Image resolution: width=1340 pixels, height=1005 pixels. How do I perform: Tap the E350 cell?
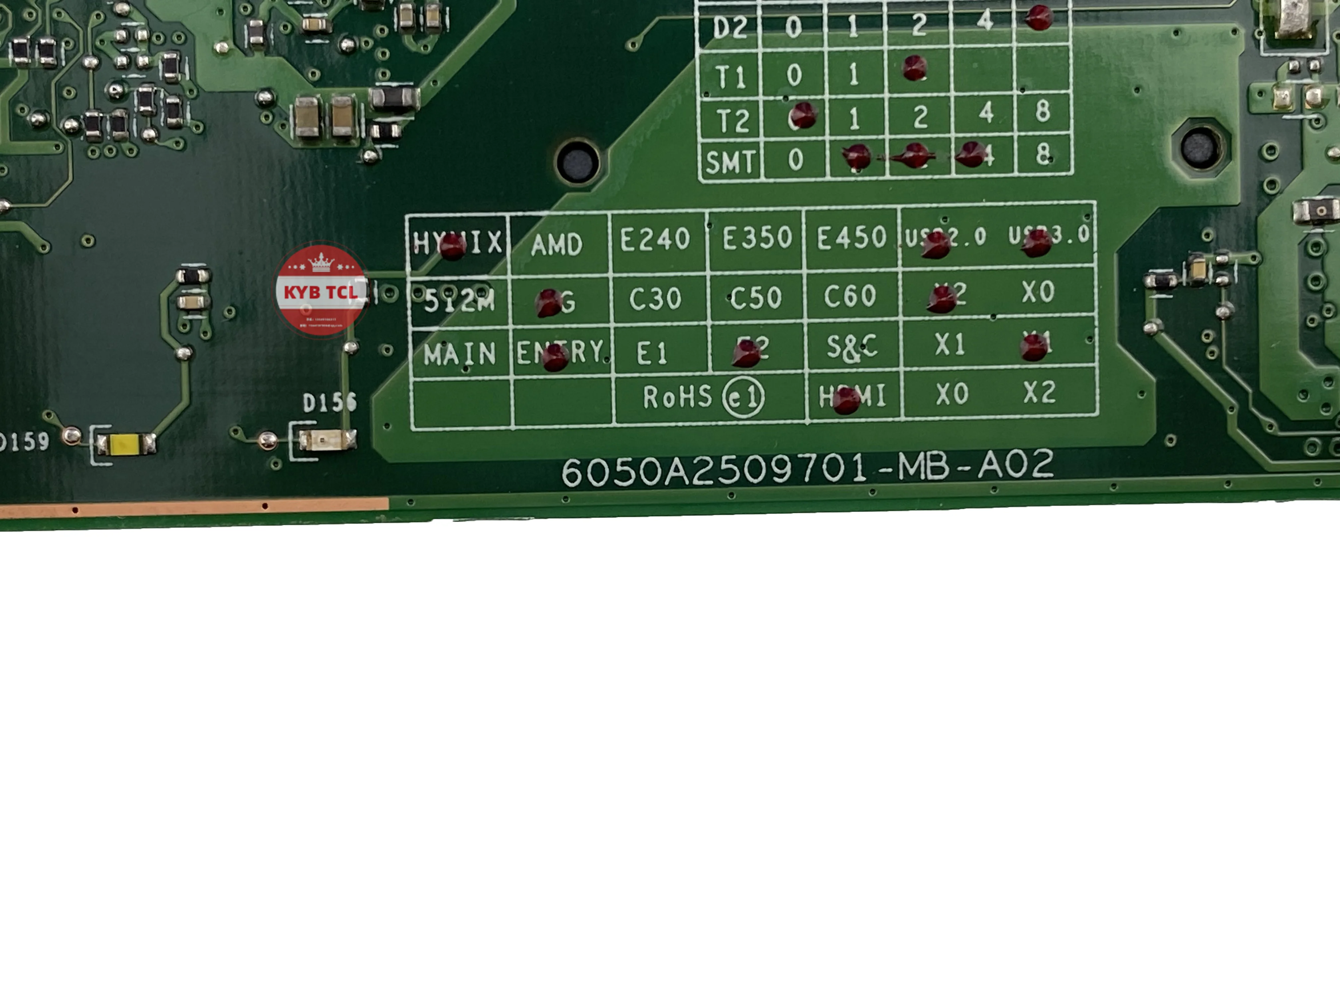pyautogui.click(x=757, y=238)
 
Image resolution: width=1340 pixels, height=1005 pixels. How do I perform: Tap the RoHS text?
pyautogui.click(x=677, y=397)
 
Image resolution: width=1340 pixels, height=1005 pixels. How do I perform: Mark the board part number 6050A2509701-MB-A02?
pyautogui.click(x=808, y=468)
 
